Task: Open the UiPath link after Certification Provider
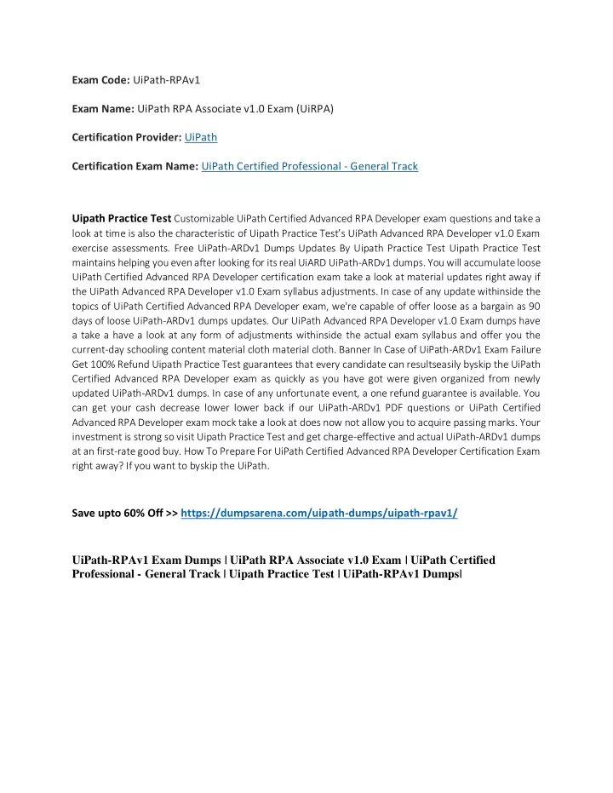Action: pos(201,137)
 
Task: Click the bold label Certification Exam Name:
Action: pos(135,166)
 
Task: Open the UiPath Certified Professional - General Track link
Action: pos(310,166)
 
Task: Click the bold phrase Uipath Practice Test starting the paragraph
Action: pos(122,218)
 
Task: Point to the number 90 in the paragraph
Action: pos(533,305)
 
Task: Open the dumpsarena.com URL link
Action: pos(319,514)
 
